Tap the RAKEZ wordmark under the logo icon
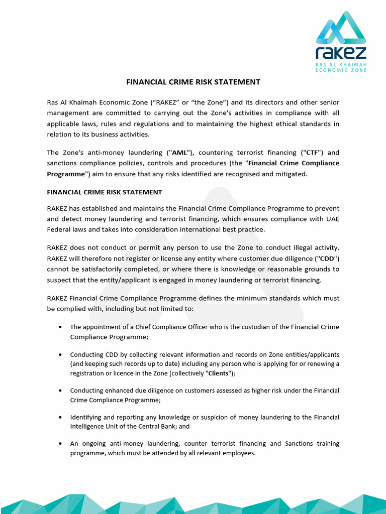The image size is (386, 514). (x=341, y=53)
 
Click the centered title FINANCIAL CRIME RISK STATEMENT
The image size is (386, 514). (x=193, y=82)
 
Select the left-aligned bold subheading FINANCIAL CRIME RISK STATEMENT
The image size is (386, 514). (x=104, y=192)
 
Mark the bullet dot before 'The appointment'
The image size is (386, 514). (x=60, y=327)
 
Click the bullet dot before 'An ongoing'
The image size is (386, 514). (x=60, y=444)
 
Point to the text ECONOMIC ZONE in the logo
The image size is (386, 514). (x=341, y=70)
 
